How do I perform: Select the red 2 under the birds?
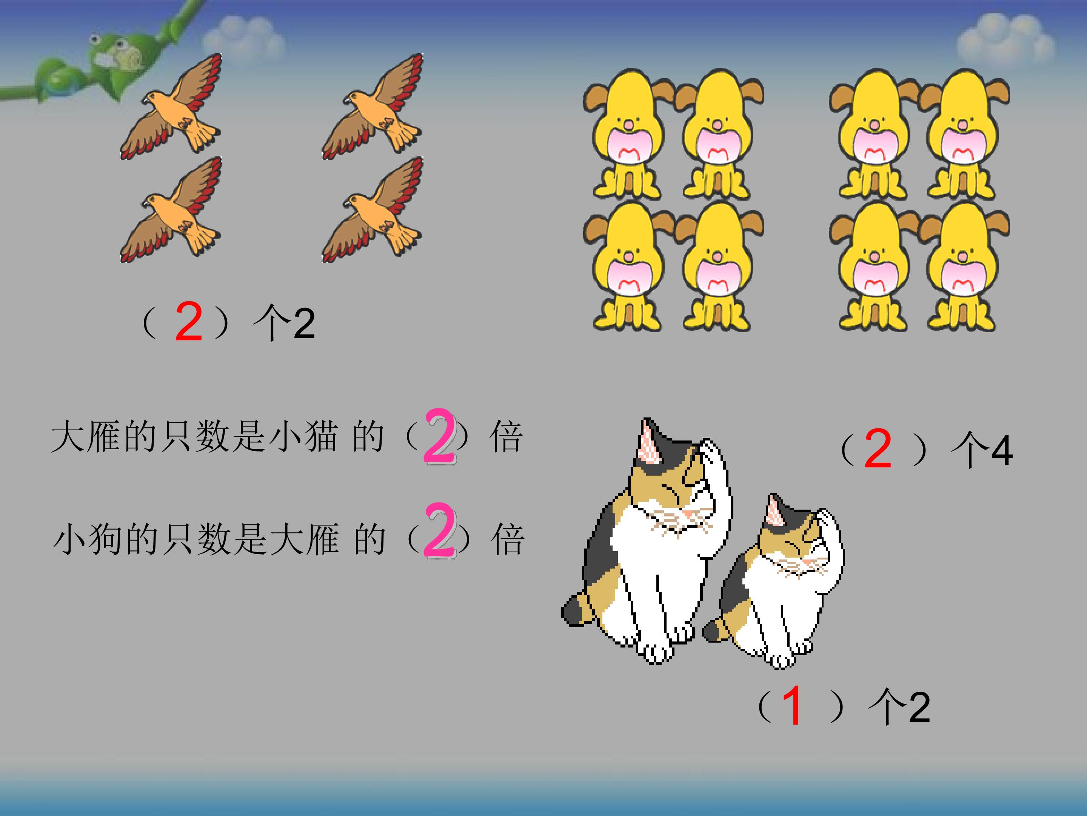(189, 322)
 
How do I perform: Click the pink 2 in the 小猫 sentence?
(439, 437)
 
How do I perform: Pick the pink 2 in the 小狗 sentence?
(439, 530)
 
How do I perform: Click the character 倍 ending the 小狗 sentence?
(508, 539)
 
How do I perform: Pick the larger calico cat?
(649, 551)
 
